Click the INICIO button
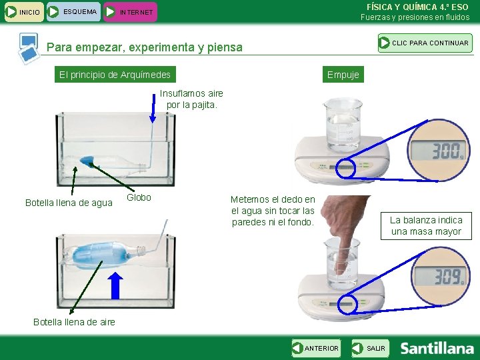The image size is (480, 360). [24, 12]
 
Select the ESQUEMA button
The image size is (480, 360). [73, 12]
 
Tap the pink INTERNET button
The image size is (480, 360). [130, 12]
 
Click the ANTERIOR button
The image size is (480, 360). [316, 348]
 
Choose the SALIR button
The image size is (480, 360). [371, 348]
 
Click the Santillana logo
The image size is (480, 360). [437, 349]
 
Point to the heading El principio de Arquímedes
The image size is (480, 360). [115, 75]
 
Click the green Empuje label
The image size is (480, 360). [343, 75]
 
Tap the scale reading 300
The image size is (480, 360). [439, 150]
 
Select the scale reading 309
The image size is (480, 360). [440, 276]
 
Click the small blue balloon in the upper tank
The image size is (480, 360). [87, 161]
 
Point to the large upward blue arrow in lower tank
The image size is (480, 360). [115, 285]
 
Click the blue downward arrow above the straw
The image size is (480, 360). [153, 109]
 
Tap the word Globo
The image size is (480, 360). [139, 197]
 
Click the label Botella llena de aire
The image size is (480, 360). [74, 322]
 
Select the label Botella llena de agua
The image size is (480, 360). [69, 203]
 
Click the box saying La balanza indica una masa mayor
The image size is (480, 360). [426, 226]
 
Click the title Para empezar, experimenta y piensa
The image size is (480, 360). [145, 47]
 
